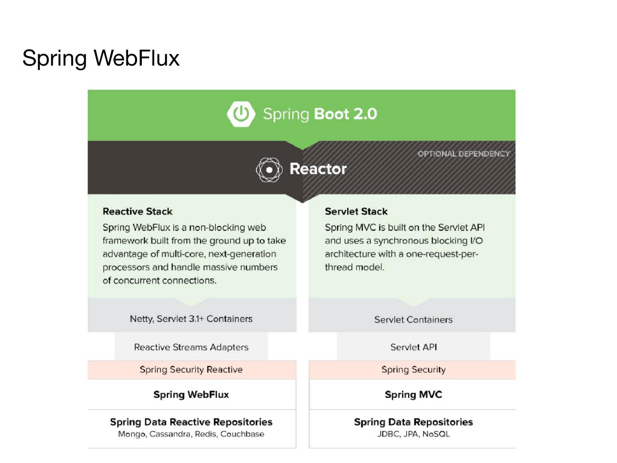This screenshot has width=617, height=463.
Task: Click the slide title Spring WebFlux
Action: point(101,58)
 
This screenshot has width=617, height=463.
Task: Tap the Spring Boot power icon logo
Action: point(241,114)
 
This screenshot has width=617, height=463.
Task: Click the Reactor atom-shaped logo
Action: point(269,170)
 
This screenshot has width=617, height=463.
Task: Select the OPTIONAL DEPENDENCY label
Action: point(464,154)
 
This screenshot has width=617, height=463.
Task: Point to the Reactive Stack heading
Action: point(138,211)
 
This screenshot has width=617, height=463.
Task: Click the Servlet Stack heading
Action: point(356,211)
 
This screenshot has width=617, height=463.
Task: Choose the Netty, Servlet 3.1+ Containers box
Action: point(191,319)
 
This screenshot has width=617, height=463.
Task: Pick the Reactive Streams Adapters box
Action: point(191,347)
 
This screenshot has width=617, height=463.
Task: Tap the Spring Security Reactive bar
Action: point(191,370)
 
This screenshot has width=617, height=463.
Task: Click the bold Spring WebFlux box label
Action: point(191,394)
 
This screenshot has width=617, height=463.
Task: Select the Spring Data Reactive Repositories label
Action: point(191,422)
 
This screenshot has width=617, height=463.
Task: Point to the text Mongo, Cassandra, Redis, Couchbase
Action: point(191,434)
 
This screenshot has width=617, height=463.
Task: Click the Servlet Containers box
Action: point(413,319)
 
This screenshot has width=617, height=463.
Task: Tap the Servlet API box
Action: point(413,347)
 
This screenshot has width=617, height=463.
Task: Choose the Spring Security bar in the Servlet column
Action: point(413,370)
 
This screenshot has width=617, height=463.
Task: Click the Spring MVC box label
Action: point(413,394)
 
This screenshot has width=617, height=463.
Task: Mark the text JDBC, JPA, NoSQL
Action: point(413,434)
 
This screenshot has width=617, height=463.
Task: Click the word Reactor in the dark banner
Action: point(318,169)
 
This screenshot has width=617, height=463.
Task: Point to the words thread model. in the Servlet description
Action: point(354,267)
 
